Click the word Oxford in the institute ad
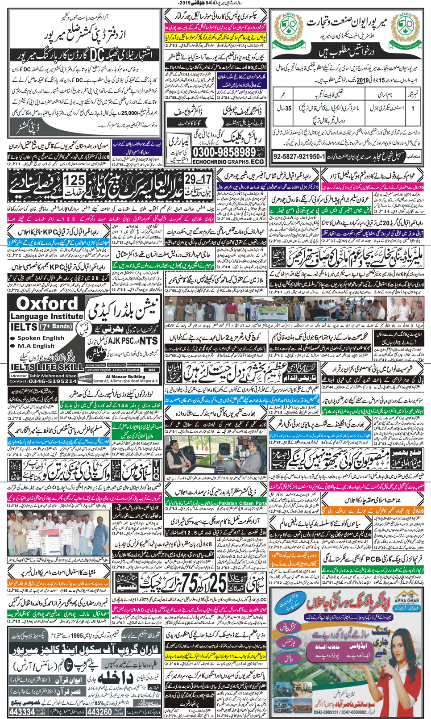(47, 304)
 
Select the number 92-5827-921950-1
(299, 157)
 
